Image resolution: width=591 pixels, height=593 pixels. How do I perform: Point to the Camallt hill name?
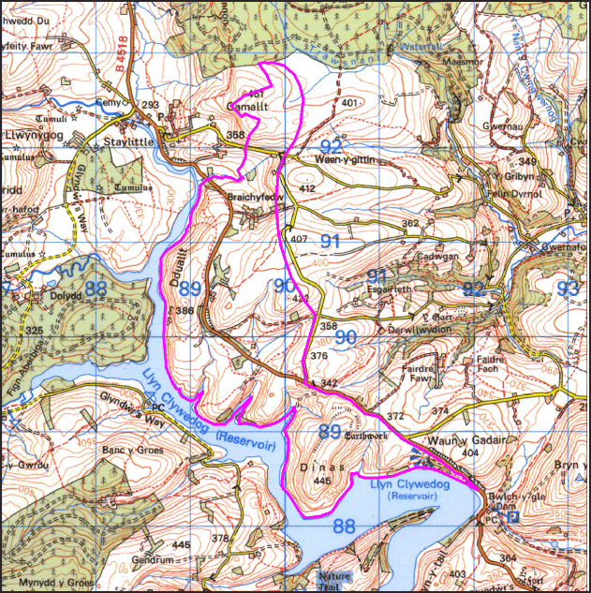pos(247,106)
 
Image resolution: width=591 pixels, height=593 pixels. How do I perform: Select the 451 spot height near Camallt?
pos(254,94)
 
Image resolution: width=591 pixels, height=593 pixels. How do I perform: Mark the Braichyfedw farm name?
pos(255,198)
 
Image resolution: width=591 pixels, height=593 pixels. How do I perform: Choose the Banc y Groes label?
pos(132,451)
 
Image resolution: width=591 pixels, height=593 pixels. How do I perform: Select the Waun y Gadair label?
pos(443,440)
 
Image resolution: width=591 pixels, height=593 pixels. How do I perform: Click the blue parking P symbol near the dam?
pos(511,516)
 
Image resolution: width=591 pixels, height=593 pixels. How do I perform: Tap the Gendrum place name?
pos(155,558)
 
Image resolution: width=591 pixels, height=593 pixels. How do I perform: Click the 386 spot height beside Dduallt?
pos(184,311)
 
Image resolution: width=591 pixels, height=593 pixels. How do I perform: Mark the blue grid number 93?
pos(567,289)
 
